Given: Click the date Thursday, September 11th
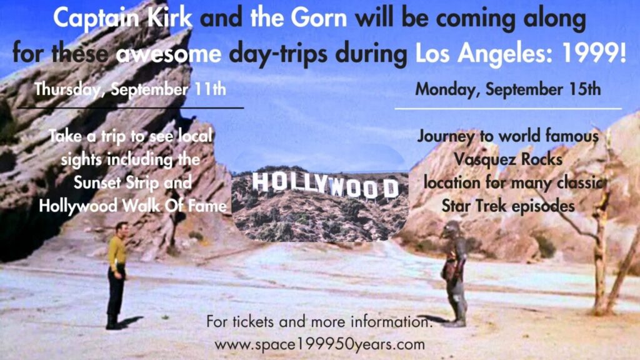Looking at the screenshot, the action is coord(130,89).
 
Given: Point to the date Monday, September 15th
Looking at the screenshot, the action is coord(507,89).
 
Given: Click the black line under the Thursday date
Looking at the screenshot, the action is coord(131,107).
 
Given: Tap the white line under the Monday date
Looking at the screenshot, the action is coord(508,109).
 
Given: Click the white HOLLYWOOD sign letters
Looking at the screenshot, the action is coord(325,185).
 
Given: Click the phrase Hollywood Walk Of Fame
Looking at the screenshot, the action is coord(132,206).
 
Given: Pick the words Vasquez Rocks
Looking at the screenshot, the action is coord(508,159).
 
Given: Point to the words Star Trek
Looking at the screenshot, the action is coord(474,206).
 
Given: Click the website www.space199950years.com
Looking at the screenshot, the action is coord(319,344).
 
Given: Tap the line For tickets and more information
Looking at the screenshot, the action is coord(319,322).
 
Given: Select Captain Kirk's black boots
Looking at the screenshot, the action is coord(112,321).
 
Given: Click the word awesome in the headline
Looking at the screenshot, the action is coord(168,54).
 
